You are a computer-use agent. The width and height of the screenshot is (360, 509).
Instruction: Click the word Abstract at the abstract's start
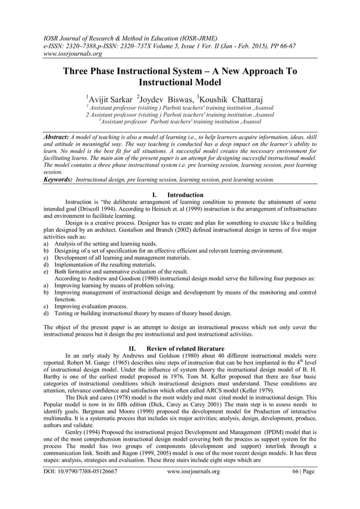click(x=56, y=137)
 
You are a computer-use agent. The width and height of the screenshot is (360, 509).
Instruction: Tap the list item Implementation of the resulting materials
click(x=106, y=264)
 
